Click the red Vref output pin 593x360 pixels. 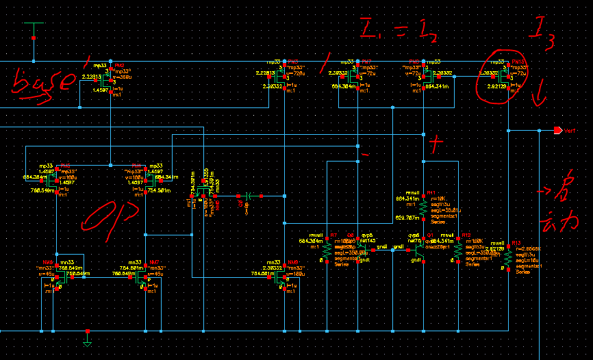[x=557, y=130]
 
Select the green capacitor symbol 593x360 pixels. [x=249, y=196]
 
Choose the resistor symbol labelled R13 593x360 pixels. [x=508, y=257]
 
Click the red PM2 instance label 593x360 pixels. [x=120, y=61]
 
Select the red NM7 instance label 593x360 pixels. [x=155, y=262]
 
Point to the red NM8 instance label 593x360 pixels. [x=292, y=262]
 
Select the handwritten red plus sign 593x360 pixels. [x=436, y=143]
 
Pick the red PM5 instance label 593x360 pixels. [x=292, y=61]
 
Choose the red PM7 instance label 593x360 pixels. [x=366, y=61]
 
